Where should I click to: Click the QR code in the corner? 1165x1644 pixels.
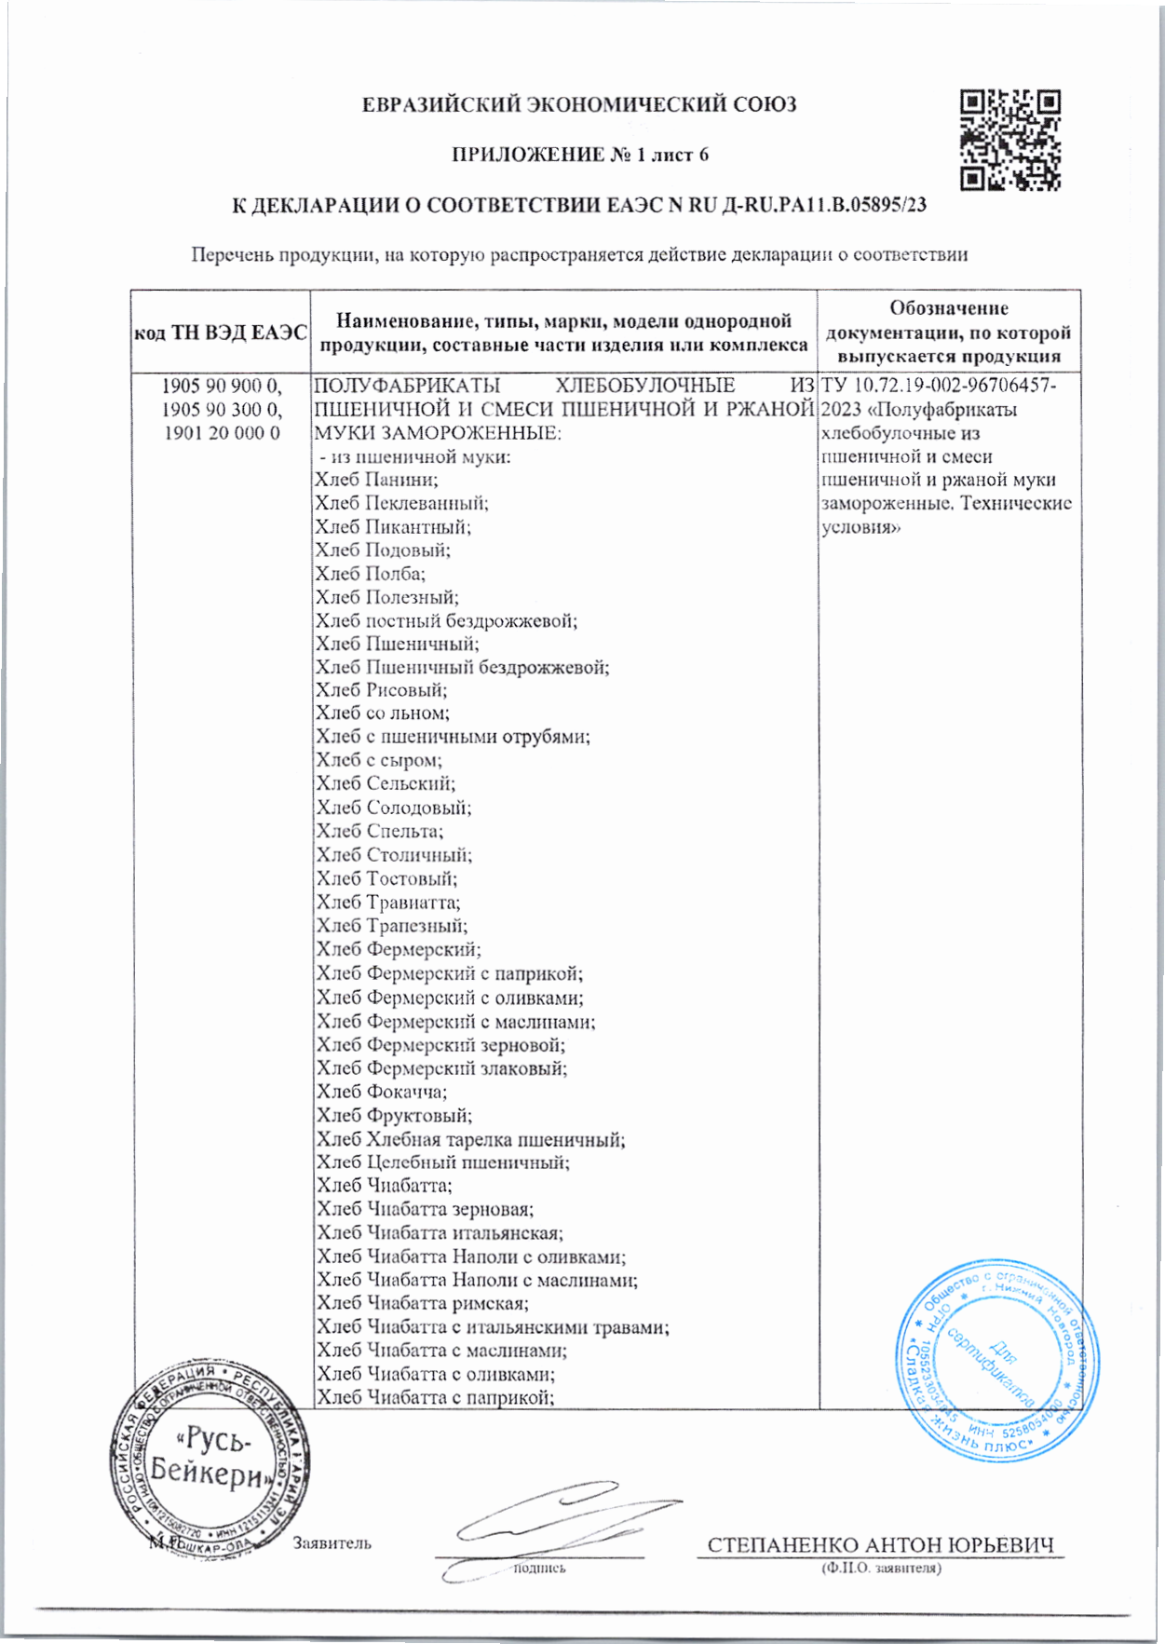(1009, 140)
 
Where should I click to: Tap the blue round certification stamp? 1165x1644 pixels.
(996, 1361)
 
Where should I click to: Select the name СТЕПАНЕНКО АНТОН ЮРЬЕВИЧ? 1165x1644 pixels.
(880, 1545)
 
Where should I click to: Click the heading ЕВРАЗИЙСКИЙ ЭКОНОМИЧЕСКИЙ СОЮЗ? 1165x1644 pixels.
(579, 105)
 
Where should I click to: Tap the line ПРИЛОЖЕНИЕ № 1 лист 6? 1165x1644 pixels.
(579, 155)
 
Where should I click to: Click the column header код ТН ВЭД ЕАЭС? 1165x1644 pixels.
(221, 333)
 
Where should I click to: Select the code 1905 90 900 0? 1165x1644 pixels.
(221, 386)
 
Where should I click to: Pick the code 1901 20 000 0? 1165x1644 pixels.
(221, 433)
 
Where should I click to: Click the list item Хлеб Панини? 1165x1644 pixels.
(376, 480)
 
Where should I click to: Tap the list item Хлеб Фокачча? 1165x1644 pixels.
(381, 1092)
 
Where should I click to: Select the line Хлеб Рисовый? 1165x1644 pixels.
(381, 690)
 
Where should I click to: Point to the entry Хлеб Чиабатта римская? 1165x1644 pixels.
(422, 1303)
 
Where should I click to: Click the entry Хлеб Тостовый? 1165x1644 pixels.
(386, 878)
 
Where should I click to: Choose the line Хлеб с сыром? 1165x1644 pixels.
(379, 761)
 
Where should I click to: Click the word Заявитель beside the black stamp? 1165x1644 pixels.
(332, 1543)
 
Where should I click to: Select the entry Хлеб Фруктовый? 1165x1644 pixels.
(394, 1115)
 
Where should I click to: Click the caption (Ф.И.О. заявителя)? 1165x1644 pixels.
(880, 1569)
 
